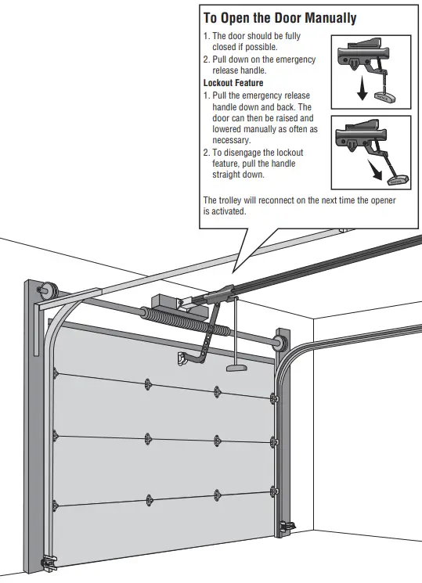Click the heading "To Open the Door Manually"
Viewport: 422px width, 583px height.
(x=280, y=18)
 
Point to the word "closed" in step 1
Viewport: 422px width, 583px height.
(x=227, y=46)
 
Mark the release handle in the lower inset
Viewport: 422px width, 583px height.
(x=398, y=180)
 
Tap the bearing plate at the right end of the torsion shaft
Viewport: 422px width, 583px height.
(x=278, y=343)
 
